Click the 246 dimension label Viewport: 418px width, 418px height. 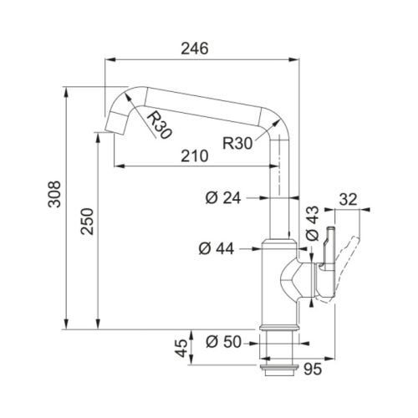[195, 48]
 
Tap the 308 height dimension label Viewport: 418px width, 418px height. [54, 194]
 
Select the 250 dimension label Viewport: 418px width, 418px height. [87, 222]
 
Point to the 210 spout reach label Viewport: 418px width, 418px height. [195, 155]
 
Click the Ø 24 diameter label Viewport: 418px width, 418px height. [223, 198]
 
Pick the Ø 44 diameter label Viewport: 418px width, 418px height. [217, 248]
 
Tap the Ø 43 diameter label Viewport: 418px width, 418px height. [312, 223]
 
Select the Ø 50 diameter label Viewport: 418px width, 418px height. [223, 342]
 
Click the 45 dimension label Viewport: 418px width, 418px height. [181, 348]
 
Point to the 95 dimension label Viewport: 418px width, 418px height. [313, 370]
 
